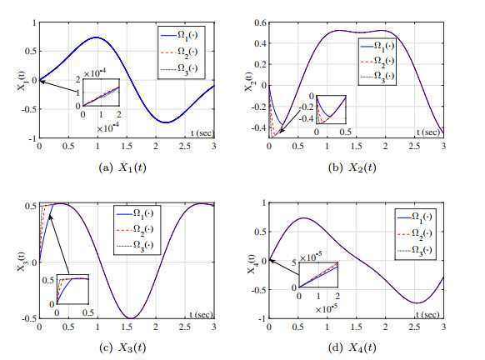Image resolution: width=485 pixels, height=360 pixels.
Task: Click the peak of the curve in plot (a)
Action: pos(97,37)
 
